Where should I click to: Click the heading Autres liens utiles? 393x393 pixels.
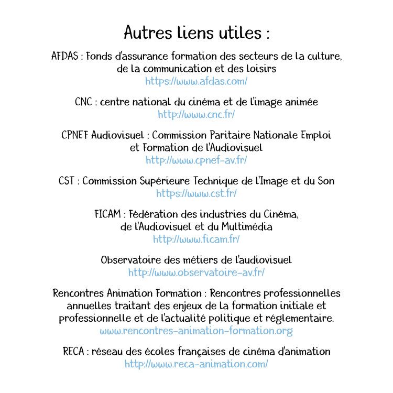(x=196, y=32)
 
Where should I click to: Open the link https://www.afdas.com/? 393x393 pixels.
(x=196, y=81)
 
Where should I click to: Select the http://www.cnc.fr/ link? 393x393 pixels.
(x=196, y=114)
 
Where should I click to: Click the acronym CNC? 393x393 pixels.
(x=83, y=102)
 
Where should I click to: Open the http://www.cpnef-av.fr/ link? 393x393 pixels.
(x=196, y=160)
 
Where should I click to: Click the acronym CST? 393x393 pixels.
(x=68, y=181)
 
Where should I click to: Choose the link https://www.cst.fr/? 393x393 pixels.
(x=196, y=193)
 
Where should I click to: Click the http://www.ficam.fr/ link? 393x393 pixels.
(x=196, y=239)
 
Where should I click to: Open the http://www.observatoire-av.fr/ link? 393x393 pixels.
(x=196, y=272)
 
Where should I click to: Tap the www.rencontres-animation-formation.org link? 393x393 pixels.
(x=196, y=331)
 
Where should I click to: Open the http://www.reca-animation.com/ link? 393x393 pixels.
(x=196, y=364)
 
